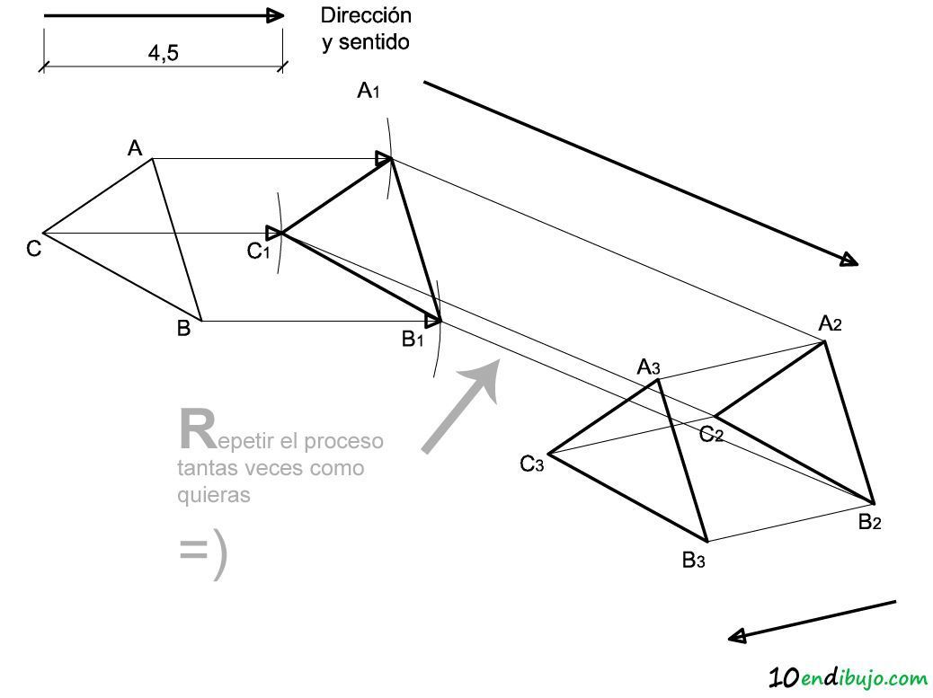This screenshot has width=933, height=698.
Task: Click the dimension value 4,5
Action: coord(163,54)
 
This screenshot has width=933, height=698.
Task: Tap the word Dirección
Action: coord(366,15)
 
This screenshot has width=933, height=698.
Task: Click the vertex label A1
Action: coord(369,91)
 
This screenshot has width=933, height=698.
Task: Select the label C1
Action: coord(258,252)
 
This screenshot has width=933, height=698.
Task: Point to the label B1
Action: coord(413,339)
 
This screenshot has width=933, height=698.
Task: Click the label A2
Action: coord(830,323)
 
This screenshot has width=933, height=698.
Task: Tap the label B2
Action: coord(869,522)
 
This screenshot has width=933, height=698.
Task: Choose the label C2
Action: coord(711,435)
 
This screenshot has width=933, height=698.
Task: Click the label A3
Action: coord(648,367)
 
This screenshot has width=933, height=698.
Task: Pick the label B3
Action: coord(693,560)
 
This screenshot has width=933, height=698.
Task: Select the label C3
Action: coord(531,464)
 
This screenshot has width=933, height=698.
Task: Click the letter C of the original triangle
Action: coord(33,249)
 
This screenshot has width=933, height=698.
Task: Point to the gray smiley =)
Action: coord(203,553)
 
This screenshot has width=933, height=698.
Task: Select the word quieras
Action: coord(213,495)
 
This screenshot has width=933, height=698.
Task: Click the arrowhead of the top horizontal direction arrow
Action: coord(275,15)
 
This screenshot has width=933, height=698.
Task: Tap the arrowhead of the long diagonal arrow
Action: coord(849,260)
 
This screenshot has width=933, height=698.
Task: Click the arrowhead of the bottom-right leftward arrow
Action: coord(738,636)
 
